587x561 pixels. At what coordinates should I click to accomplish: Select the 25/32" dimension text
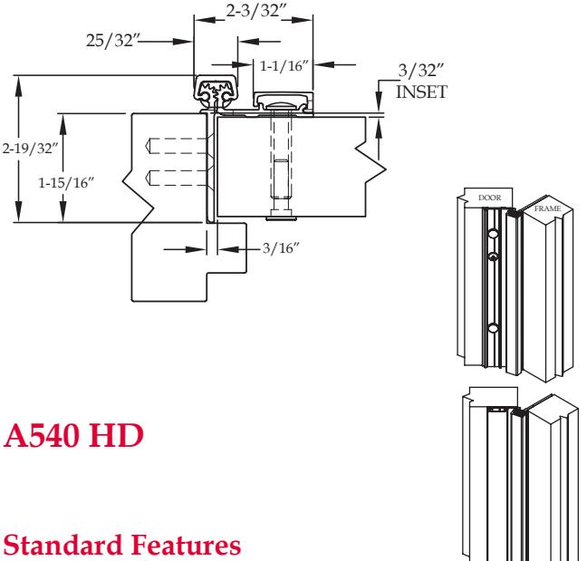coord(112,40)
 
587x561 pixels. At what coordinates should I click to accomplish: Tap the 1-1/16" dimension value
coord(284,66)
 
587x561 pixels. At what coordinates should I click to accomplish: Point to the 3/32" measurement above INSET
coord(420,71)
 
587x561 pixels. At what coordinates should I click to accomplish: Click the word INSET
coord(421,92)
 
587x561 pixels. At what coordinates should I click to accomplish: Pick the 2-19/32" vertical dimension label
coord(30,149)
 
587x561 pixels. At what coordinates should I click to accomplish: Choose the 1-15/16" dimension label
coord(66,183)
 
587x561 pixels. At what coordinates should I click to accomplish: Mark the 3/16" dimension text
coord(281,248)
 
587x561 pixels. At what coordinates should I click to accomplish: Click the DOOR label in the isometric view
coord(490,198)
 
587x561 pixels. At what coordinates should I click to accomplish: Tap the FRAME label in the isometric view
coord(547,208)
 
